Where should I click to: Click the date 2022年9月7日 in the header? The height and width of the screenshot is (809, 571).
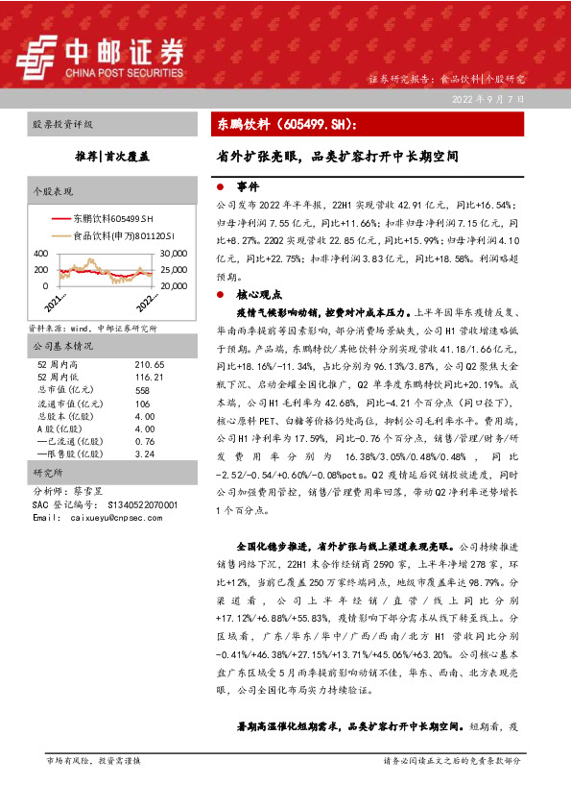click(x=489, y=100)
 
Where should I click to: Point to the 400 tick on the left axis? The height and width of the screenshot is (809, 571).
click(x=40, y=254)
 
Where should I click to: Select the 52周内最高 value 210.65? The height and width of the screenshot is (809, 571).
click(x=150, y=365)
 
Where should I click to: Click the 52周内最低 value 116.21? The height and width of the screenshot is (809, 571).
click(x=150, y=378)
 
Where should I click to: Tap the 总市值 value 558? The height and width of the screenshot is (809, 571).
click(x=143, y=391)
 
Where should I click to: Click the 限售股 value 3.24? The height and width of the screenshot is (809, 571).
click(x=145, y=454)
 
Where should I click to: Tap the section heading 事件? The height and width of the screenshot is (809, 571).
click(x=248, y=186)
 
